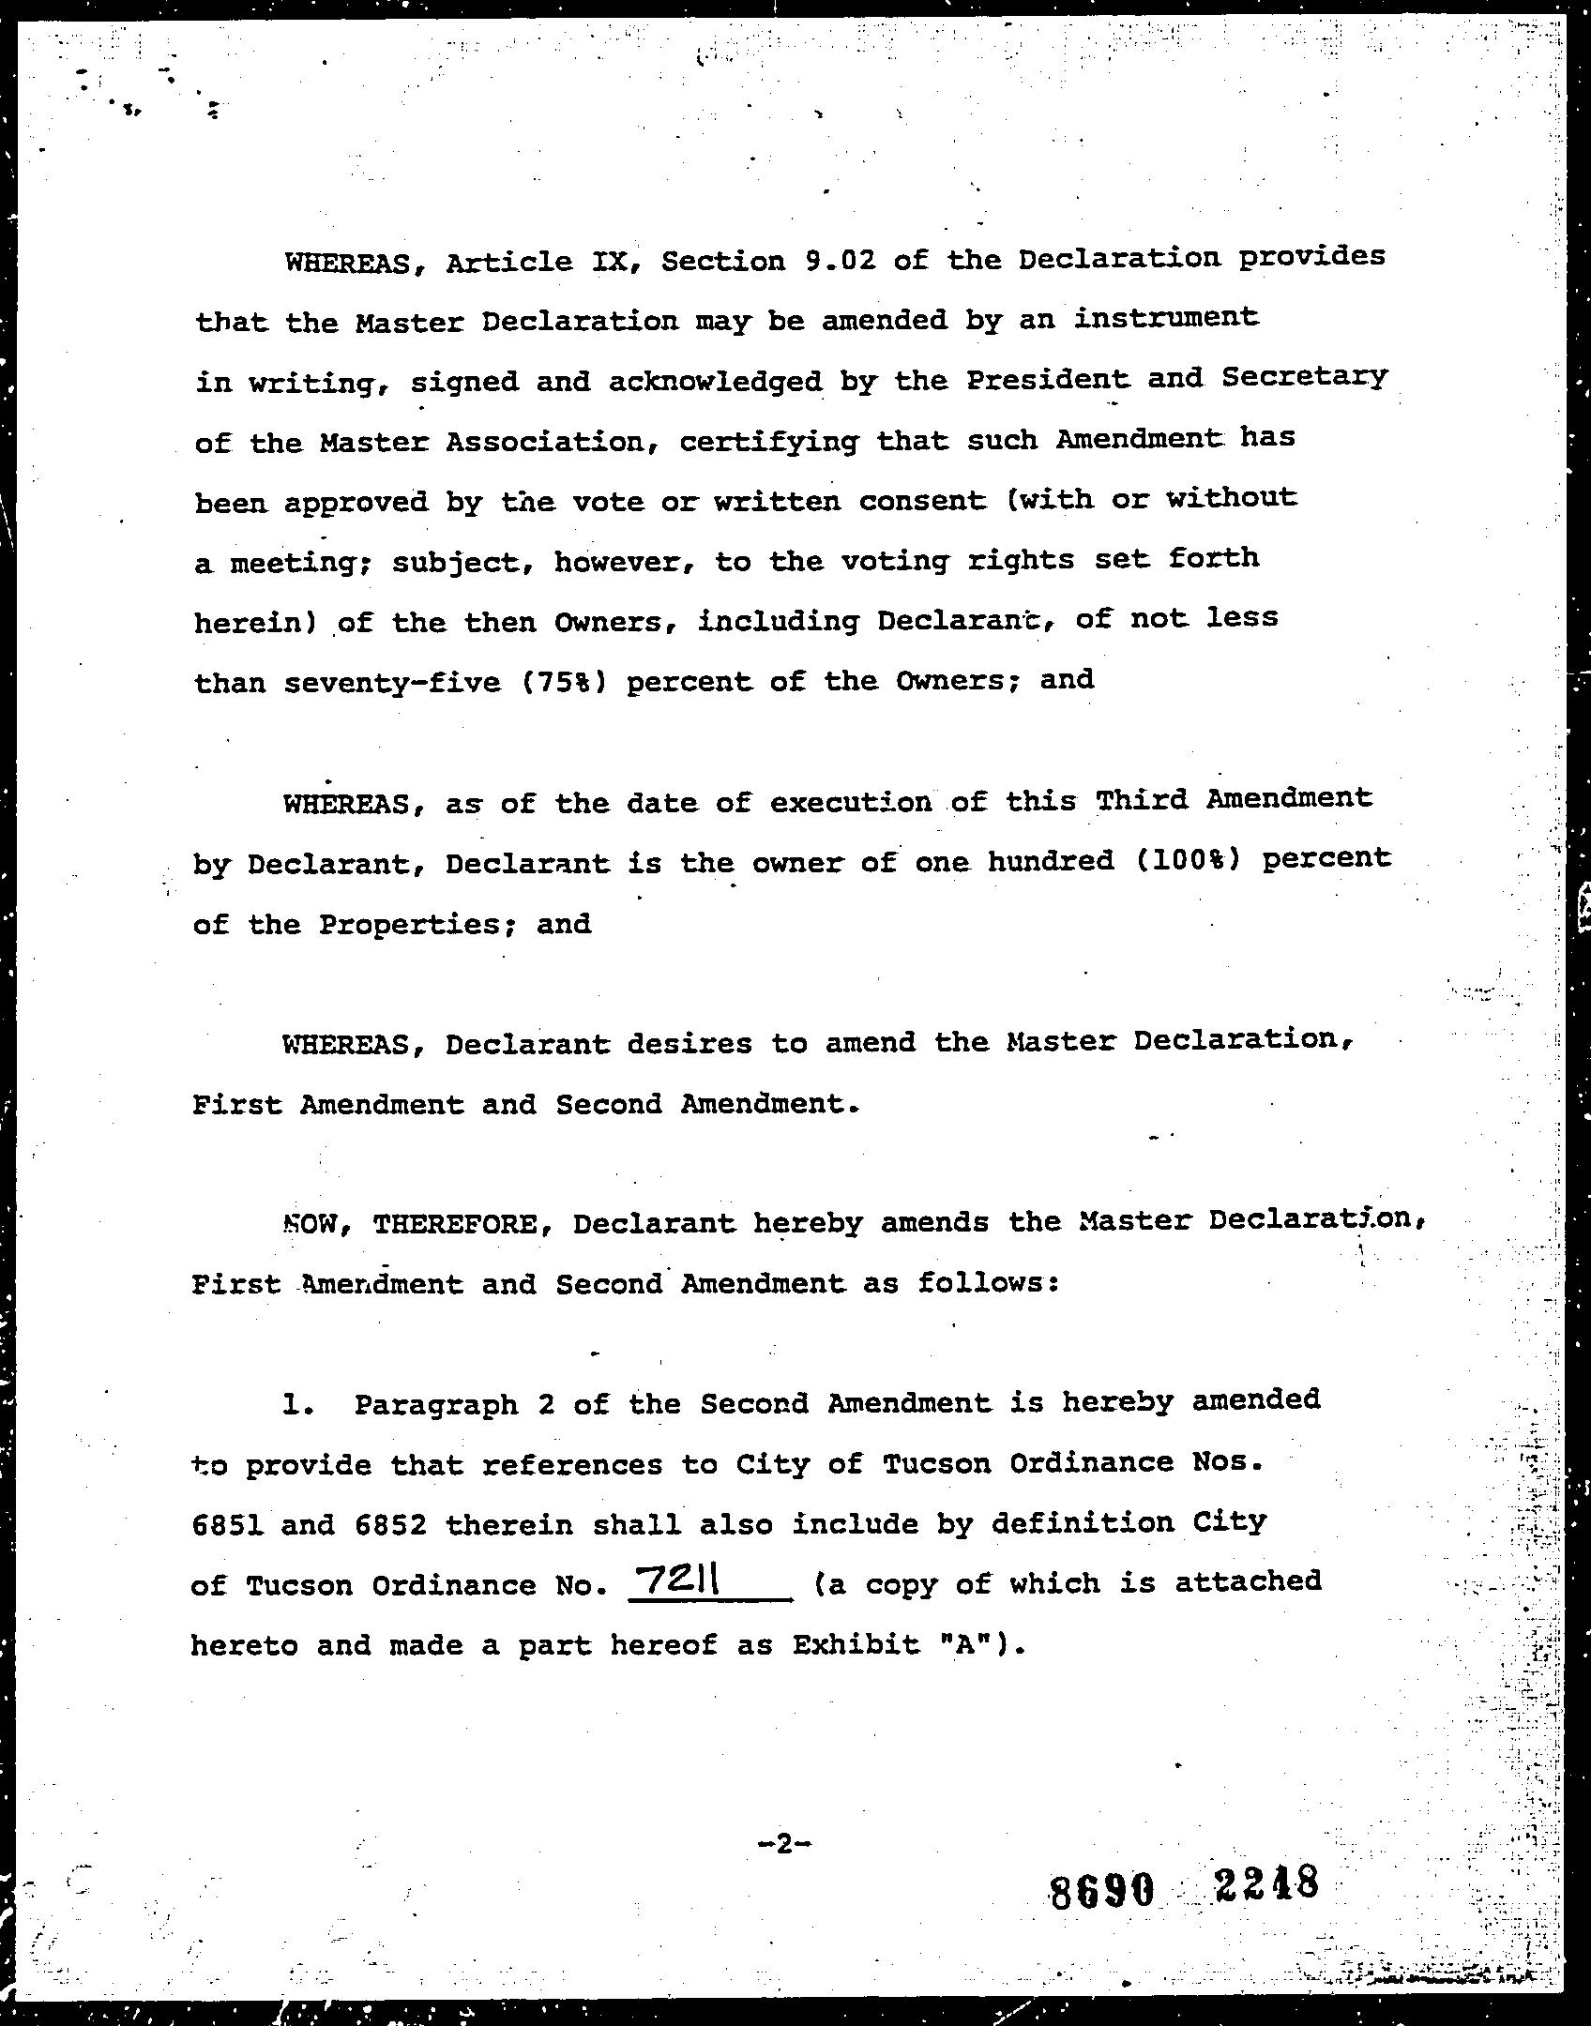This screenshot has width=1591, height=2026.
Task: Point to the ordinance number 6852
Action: click(x=390, y=1524)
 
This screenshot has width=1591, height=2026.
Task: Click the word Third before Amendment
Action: click(x=1141, y=800)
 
